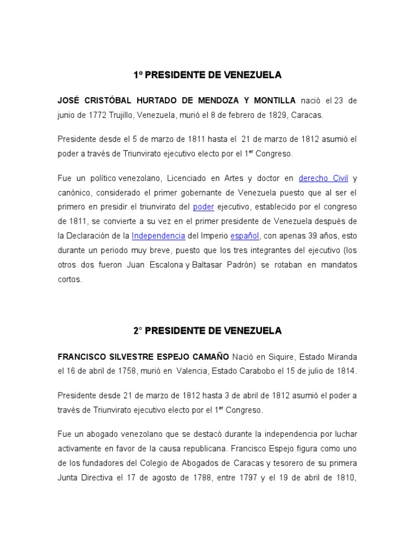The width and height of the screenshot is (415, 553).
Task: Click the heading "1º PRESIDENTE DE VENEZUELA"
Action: (207, 75)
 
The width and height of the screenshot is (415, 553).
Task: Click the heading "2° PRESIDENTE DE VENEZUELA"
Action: (207, 331)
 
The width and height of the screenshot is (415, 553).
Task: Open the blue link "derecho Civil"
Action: (323, 178)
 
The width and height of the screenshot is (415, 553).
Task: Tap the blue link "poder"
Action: (204, 207)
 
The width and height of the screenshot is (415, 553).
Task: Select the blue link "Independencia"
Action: (159, 237)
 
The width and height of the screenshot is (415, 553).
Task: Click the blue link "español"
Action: (245, 237)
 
